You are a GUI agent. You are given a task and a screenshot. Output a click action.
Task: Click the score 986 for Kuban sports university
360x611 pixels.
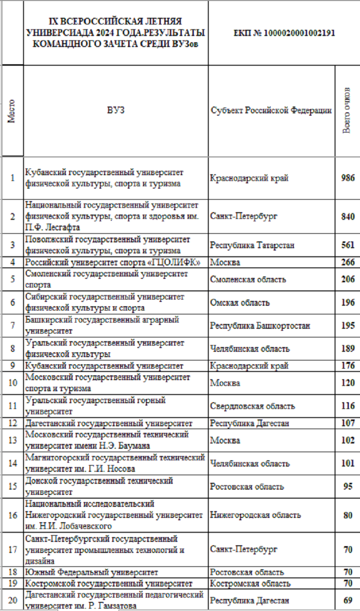348,178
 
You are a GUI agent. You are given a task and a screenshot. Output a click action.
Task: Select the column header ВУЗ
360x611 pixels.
115,110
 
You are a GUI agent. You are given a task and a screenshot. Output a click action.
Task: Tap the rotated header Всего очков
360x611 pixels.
347,111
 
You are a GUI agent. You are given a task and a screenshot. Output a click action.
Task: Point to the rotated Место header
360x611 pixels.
12,111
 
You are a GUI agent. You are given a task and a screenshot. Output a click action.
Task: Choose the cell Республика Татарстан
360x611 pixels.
252,245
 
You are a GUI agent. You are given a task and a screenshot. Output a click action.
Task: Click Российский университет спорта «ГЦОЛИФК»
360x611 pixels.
112,263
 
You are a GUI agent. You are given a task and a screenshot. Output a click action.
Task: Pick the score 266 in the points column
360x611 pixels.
348,263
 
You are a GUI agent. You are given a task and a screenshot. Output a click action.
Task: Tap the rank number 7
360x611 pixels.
12,326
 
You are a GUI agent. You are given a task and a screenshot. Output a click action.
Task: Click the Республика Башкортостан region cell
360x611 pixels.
260,326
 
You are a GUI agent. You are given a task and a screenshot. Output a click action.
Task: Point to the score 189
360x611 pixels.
348,349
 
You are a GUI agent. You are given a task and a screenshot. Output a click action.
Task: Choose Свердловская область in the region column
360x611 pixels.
252,406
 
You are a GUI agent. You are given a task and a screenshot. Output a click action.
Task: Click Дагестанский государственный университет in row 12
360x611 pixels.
109,423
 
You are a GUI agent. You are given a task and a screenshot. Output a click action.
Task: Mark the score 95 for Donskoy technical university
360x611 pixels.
348,487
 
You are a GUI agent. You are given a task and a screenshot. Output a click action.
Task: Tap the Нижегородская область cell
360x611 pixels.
255,515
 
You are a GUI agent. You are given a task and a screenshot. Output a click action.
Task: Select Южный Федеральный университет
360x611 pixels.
92,572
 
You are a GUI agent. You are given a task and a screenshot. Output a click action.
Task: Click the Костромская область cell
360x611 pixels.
250,584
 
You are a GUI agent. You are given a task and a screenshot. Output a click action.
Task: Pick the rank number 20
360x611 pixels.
12,600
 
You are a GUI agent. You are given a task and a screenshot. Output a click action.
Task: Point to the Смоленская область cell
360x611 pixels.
248,279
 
